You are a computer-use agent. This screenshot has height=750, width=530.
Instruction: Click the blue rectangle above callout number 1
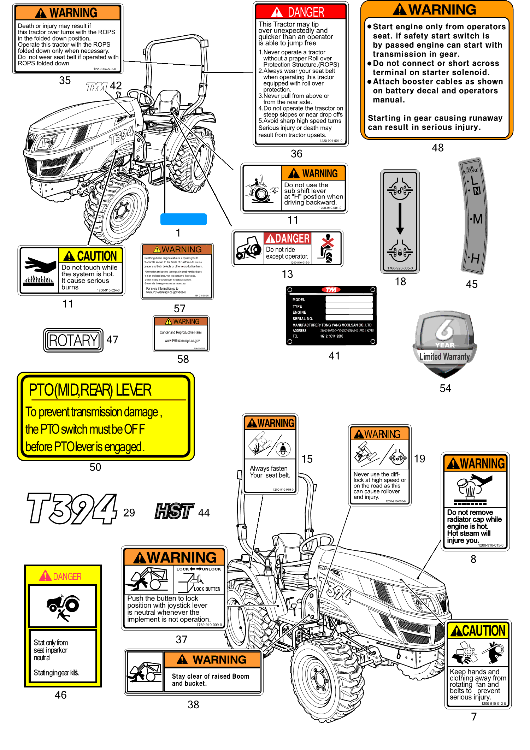183,219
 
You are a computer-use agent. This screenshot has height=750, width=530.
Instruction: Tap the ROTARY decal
73,340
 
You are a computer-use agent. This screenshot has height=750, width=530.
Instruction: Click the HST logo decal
174,511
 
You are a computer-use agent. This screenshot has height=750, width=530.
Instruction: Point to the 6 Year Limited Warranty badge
444,344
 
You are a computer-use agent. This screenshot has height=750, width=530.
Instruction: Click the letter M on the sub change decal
477,219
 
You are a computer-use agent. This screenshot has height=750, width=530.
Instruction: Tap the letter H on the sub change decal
475,259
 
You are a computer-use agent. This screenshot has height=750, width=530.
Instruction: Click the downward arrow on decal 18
400,219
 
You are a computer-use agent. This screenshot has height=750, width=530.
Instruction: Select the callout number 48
437,148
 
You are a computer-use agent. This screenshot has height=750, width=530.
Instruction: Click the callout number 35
65,81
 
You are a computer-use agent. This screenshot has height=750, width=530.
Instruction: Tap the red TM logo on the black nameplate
331,290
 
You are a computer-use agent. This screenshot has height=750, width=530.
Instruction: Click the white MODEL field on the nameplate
349,299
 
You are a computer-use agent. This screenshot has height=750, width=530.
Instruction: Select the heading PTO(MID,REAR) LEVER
90,390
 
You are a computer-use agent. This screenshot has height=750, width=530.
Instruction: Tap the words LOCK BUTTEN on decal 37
207,589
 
